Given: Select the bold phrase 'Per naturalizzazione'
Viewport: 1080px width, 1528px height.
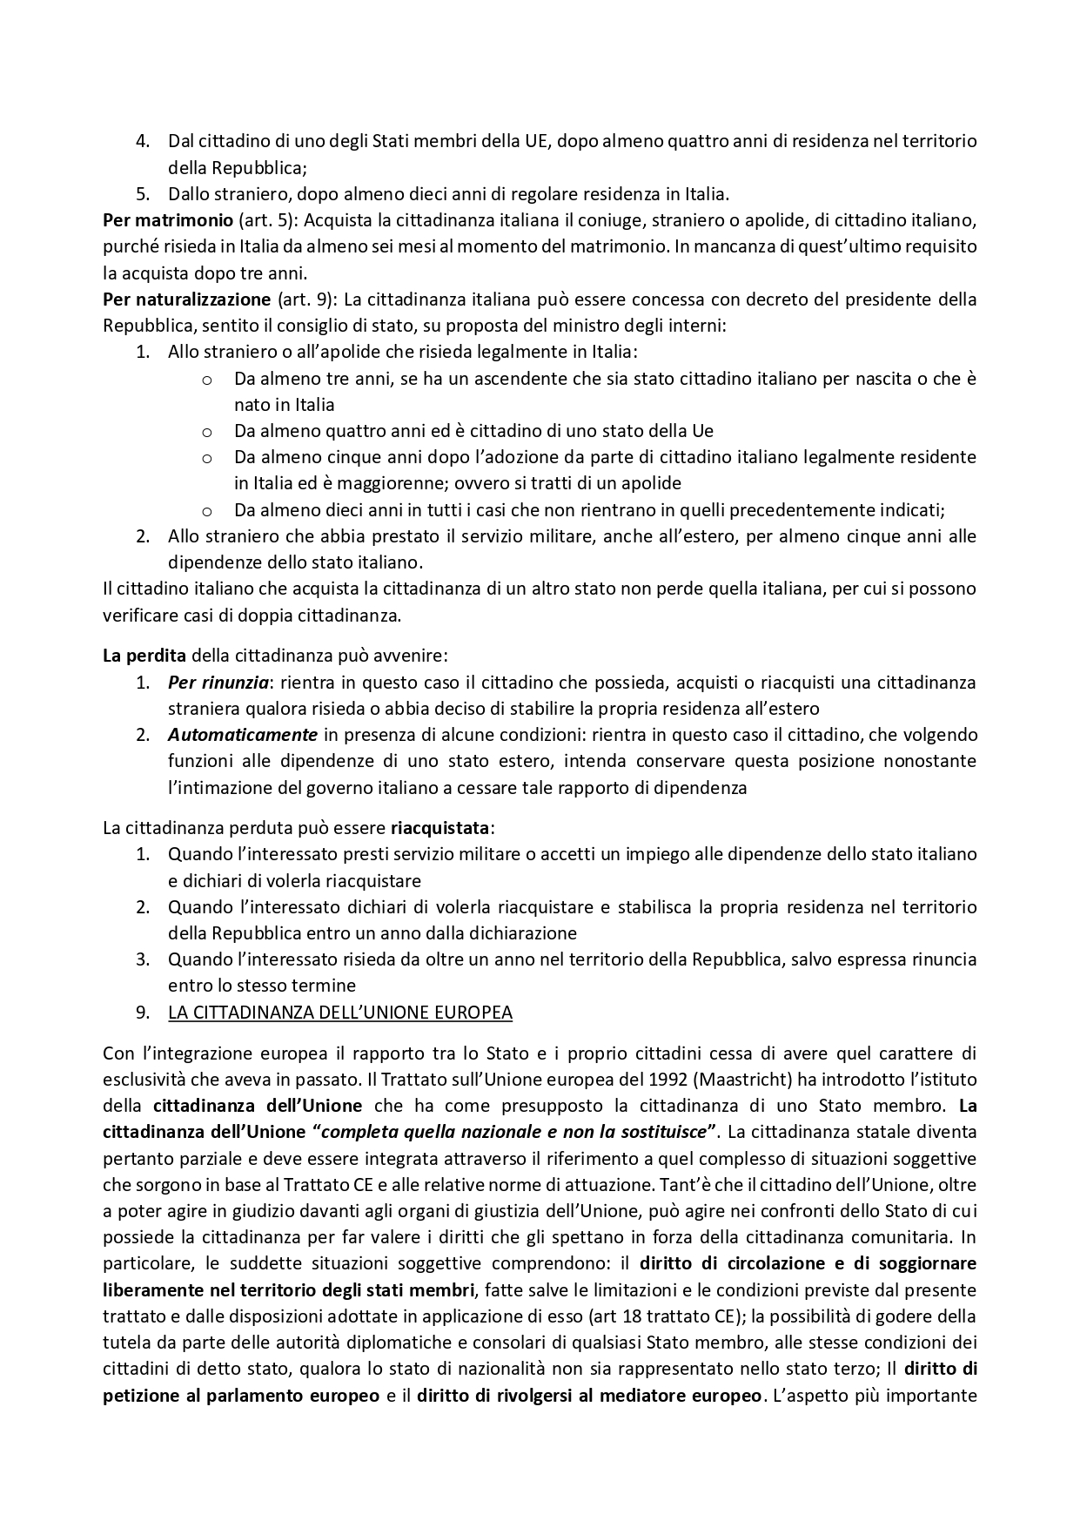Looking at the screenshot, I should (x=186, y=300).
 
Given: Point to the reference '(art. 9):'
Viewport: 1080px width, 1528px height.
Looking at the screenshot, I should (x=306, y=300).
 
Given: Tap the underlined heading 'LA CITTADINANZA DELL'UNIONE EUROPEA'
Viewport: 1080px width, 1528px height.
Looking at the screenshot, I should (x=339, y=1013).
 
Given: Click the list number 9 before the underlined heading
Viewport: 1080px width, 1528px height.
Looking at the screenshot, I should (x=144, y=1013).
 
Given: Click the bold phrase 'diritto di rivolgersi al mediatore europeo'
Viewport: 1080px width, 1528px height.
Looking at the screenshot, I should (x=589, y=1396).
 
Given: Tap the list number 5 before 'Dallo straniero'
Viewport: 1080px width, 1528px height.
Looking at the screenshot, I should (x=144, y=193).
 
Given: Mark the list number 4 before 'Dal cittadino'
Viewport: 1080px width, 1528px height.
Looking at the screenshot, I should (x=144, y=141).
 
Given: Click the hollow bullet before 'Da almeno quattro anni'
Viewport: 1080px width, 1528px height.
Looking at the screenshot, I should (x=207, y=432).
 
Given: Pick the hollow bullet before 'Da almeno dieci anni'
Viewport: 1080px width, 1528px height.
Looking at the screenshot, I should (x=207, y=511).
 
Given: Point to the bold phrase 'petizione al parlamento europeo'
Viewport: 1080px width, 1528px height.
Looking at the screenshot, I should (x=241, y=1396).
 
